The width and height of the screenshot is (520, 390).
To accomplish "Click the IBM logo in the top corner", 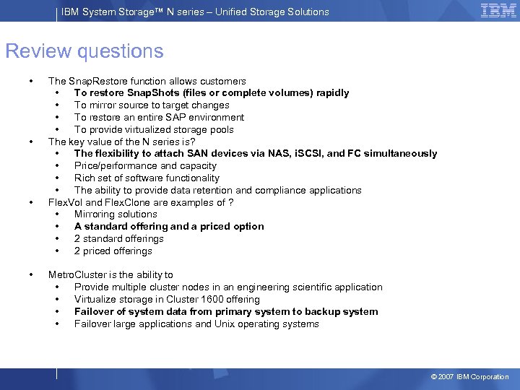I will click(498, 11).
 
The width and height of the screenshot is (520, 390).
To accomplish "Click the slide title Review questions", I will click(84, 51).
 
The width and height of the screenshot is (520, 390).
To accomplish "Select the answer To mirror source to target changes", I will click(152, 105).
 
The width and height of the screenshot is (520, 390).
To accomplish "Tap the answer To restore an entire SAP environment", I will click(159, 117).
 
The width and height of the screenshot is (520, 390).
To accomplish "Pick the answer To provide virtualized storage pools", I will click(154, 129).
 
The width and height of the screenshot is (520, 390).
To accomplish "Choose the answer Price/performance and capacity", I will click(145, 165).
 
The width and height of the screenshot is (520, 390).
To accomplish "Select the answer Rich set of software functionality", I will click(147, 178).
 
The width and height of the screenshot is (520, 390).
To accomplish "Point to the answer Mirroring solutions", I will click(116, 214).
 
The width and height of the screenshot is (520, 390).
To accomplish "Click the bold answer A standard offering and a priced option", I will click(169, 226).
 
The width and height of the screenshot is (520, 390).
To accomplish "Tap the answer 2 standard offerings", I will click(119, 238).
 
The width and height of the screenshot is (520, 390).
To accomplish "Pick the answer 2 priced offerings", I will click(113, 251).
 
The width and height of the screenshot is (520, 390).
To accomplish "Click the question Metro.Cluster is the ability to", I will click(110, 274).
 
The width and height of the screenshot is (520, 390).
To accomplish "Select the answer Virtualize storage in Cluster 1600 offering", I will click(167, 299).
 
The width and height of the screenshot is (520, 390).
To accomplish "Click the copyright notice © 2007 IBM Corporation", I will click(469, 377).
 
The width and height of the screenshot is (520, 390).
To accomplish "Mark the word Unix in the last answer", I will click(226, 324).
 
